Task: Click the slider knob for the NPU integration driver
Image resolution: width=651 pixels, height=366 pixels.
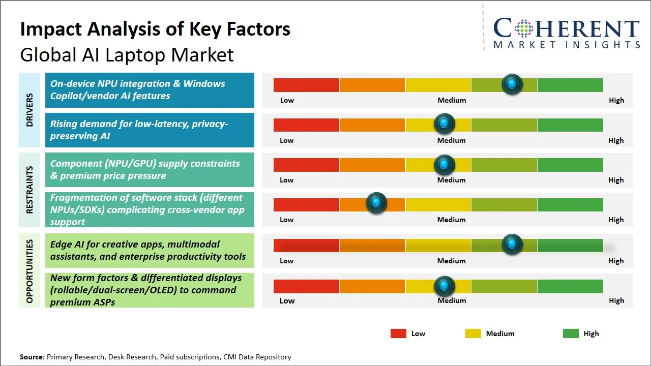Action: tap(512, 84)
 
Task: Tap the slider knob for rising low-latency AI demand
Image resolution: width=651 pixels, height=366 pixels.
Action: tap(445, 124)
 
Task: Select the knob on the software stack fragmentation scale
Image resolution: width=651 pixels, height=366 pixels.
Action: tap(376, 203)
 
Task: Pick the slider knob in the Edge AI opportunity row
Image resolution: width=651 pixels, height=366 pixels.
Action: tap(512, 245)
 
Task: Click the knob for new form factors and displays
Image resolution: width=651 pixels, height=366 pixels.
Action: tap(445, 286)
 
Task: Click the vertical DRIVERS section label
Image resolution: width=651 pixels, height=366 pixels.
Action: tap(29, 110)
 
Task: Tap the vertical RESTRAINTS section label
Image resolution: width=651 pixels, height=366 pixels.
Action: tap(29, 190)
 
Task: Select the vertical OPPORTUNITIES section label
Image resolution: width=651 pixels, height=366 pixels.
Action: tap(29, 271)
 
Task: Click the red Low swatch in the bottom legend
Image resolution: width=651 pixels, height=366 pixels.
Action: tap(398, 333)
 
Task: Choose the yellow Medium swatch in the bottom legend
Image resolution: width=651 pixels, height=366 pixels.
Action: tap(473, 333)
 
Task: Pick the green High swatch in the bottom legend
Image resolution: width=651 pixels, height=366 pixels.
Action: tap(571, 333)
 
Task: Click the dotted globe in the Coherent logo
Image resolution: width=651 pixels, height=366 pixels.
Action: tap(524, 28)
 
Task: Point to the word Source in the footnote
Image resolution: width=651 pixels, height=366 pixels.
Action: tap(32, 357)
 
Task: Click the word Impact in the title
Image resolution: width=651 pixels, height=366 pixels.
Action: tap(51, 29)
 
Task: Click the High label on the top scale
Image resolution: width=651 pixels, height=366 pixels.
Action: tap(616, 100)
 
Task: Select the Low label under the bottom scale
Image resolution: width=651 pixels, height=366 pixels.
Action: tap(287, 300)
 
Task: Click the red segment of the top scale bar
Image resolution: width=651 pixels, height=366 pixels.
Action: tap(306, 85)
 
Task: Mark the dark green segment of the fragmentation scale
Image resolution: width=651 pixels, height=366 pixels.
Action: tap(570, 205)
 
